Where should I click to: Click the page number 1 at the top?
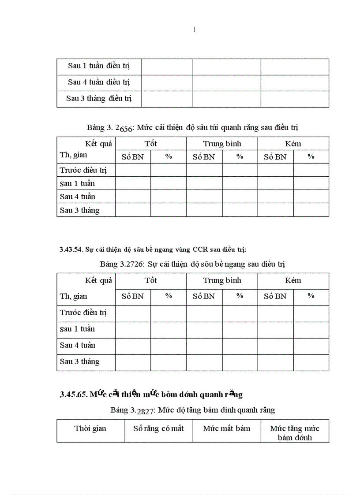coord(195,30)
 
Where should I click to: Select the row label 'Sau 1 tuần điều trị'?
coord(99,66)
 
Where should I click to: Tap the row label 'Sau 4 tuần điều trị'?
coord(99,82)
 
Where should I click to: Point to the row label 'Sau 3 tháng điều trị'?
coord(99,98)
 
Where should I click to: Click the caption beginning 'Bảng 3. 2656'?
coord(193,128)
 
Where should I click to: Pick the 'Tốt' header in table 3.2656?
coord(150,144)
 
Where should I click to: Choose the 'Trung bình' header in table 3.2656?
coord(222,144)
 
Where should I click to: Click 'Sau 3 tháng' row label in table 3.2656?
coord(80,210)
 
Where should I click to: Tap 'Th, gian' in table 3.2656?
coord(74,155)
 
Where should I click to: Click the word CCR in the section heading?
coord(198,249)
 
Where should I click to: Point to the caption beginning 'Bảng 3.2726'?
coord(192,264)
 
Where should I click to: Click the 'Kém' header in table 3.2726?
coord(293,280)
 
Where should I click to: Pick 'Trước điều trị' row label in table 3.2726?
coord(84,313)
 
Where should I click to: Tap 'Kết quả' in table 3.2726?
coord(98,280)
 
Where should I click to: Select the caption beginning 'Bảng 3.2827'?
coord(193,410)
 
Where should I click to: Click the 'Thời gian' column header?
coord(90,428)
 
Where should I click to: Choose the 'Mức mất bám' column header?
coord(226,428)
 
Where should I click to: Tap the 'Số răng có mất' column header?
coord(158,428)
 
